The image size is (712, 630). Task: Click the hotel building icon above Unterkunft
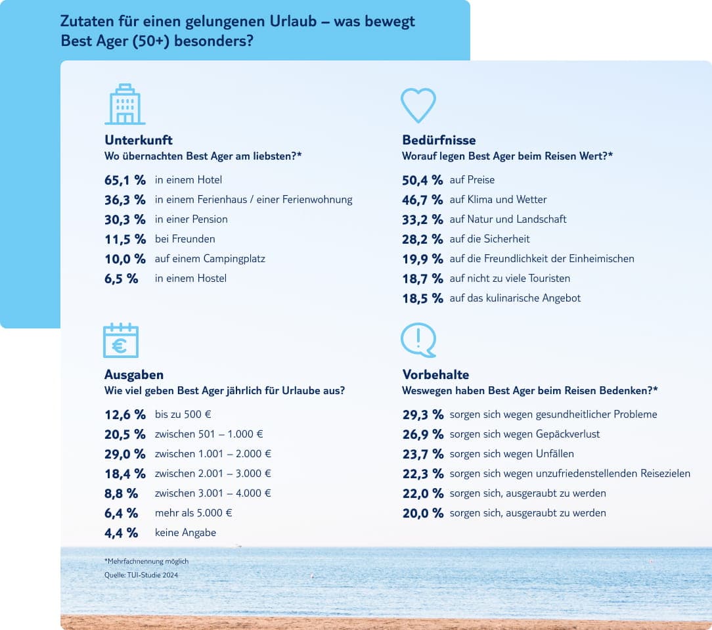click(125, 104)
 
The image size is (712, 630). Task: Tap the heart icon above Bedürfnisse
click(418, 105)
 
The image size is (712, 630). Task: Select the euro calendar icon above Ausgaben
click(121, 340)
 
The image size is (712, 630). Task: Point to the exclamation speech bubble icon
click(418, 340)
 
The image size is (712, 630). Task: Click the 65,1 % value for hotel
click(125, 180)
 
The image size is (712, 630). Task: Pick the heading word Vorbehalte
click(435, 374)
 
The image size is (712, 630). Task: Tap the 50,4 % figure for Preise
click(422, 180)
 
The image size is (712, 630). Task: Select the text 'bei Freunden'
click(185, 239)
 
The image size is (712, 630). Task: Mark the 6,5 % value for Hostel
click(122, 279)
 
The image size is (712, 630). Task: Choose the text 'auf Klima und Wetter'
click(498, 200)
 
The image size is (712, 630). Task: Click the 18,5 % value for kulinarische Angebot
click(422, 298)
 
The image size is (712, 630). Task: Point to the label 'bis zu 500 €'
click(183, 415)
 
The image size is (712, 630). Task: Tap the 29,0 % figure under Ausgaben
click(125, 454)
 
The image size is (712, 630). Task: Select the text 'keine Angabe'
click(185, 533)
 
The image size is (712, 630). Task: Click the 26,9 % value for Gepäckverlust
click(422, 434)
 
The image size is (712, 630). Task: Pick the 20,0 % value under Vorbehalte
click(422, 513)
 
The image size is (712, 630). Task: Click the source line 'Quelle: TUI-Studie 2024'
click(141, 575)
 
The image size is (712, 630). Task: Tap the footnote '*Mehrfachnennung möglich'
click(146, 562)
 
